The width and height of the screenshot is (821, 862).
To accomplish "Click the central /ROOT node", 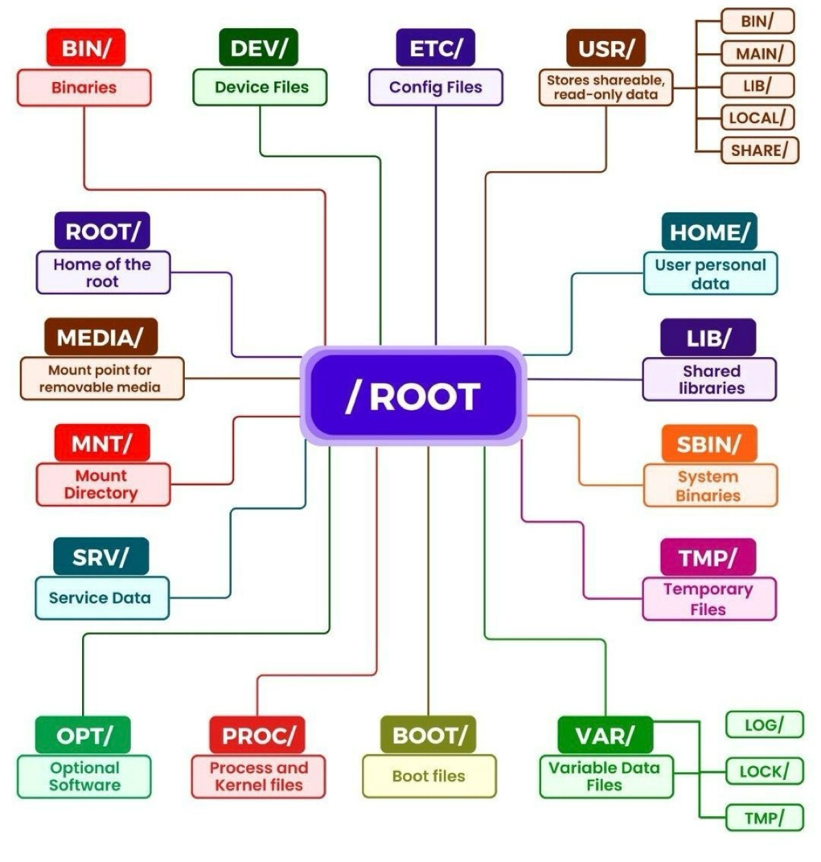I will tap(413, 395).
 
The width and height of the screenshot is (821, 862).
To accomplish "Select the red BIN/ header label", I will tap(86, 48).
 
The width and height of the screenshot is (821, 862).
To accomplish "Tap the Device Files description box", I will tap(260, 87).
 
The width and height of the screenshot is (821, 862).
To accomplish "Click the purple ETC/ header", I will tap(436, 48).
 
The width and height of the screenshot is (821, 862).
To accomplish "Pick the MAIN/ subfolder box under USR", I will tap(758, 53).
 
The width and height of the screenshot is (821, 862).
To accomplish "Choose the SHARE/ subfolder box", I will tap(759, 150).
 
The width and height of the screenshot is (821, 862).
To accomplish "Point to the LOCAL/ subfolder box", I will tap(757, 118).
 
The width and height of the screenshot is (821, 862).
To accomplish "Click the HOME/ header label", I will tap(709, 232).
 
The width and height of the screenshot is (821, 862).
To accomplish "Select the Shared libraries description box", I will tap(709, 379).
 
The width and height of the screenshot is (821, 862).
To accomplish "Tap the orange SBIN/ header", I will tap(709, 444).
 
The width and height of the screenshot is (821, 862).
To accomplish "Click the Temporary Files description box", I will tap(709, 599).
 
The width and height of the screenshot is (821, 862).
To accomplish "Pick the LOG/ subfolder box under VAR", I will tap(764, 724).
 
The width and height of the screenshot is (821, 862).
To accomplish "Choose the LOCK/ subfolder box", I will tap(764, 771).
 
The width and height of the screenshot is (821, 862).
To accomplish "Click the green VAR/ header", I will tap(605, 735).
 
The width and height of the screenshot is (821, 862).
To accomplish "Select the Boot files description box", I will tap(429, 776).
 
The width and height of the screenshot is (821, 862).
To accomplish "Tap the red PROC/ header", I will tap(258, 735).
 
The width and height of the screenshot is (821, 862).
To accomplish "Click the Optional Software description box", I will tap(84, 776).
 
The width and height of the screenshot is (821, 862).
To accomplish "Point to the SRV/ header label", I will tap(101, 557).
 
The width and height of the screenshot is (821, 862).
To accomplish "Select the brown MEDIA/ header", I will tap(101, 337).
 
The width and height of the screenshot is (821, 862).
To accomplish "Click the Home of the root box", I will tap(103, 272).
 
